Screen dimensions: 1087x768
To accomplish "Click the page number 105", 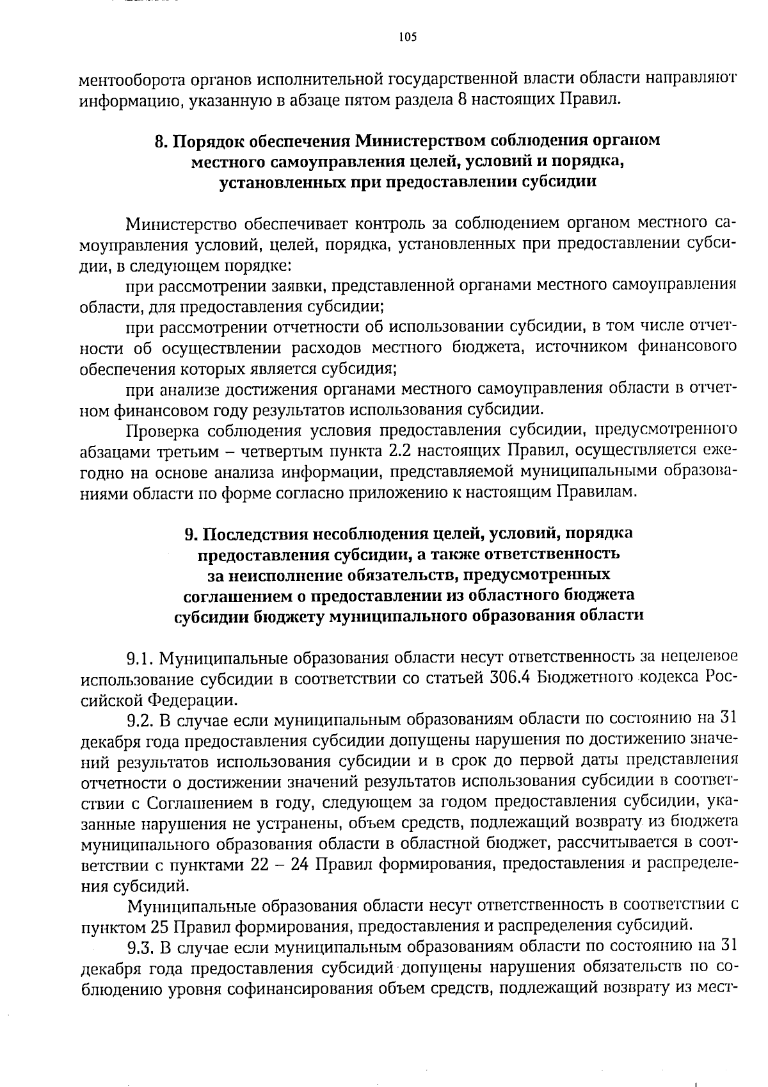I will [x=407, y=37].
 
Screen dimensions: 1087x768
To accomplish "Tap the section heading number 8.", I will [x=160, y=141].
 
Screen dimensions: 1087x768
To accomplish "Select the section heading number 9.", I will [x=189, y=533].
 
